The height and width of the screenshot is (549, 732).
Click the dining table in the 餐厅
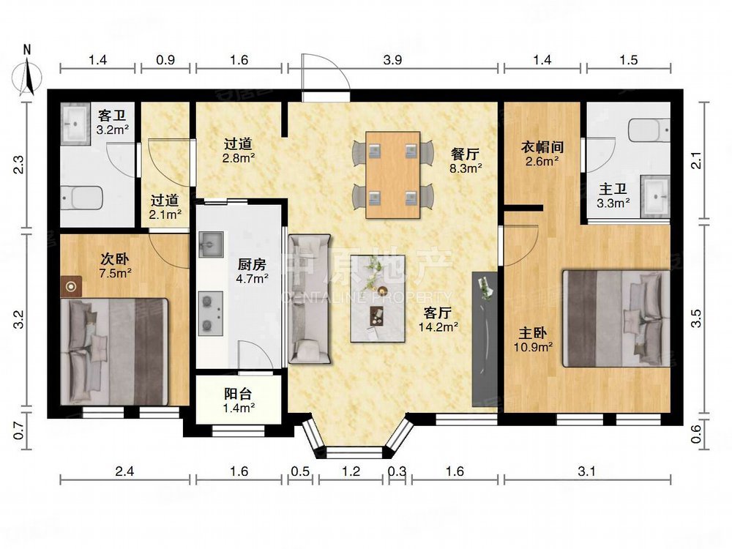click(x=393, y=175)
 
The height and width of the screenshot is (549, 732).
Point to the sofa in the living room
click(x=309, y=299)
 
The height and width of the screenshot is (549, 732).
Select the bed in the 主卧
click(x=616, y=318)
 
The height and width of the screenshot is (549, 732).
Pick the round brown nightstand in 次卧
click(x=72, y=287)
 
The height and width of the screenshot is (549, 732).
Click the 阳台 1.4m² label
click(x=239, y=399)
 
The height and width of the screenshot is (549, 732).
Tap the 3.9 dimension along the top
click(x=393, y=61)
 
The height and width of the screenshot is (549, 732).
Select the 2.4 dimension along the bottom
click(x=124, y=471)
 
